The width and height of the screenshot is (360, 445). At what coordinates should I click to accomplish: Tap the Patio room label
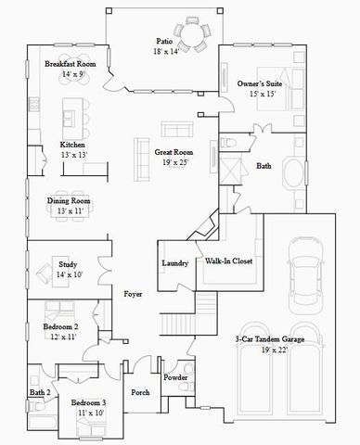coord(164,41)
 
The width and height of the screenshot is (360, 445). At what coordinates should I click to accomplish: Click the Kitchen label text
coord(73,145)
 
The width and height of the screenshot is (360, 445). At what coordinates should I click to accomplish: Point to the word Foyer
coord(134,294)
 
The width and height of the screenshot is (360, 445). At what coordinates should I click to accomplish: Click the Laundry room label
coord(174,263)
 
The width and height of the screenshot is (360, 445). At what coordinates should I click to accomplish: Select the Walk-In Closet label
coord(229,261)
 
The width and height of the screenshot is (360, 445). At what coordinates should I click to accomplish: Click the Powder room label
coord(175,377)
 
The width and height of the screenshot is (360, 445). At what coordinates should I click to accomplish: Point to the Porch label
coord(140,392)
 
